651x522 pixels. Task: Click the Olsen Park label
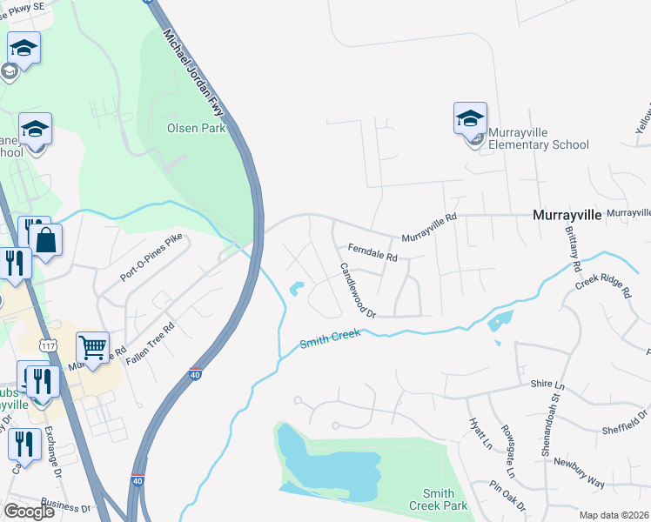196,128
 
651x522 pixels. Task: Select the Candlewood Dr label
357,290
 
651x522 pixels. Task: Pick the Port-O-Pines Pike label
155,260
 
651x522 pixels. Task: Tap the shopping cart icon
92,349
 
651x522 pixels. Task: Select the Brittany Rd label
575,241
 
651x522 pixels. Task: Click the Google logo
29,512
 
